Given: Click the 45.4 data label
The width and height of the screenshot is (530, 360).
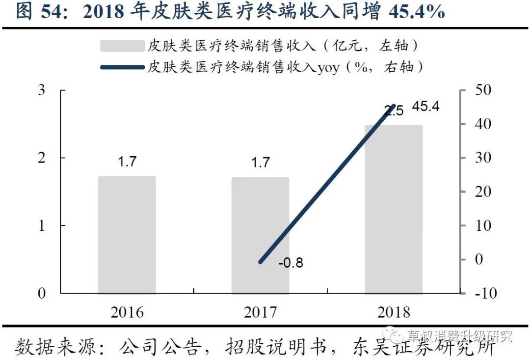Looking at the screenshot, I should (x=425, y=107).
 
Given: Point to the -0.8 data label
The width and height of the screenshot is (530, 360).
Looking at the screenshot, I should (x=291, y=263).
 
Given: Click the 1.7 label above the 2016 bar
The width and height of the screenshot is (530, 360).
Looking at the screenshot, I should (x=127, y=162).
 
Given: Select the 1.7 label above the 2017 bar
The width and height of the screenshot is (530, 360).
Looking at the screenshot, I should (x=260, y=162).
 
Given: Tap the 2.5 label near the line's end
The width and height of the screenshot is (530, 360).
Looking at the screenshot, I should (x=394, y=111).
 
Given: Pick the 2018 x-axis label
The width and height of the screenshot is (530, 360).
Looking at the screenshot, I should (x=393, y=312).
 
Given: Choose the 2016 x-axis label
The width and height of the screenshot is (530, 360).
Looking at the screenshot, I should (x=127, y=312).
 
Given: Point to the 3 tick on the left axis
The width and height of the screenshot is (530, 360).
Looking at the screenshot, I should (x=42, y=90).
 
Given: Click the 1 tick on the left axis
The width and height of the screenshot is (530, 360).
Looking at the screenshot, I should (x=42, y=225).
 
